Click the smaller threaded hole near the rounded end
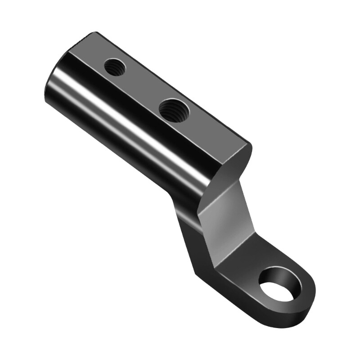115,67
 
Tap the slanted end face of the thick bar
234,166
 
